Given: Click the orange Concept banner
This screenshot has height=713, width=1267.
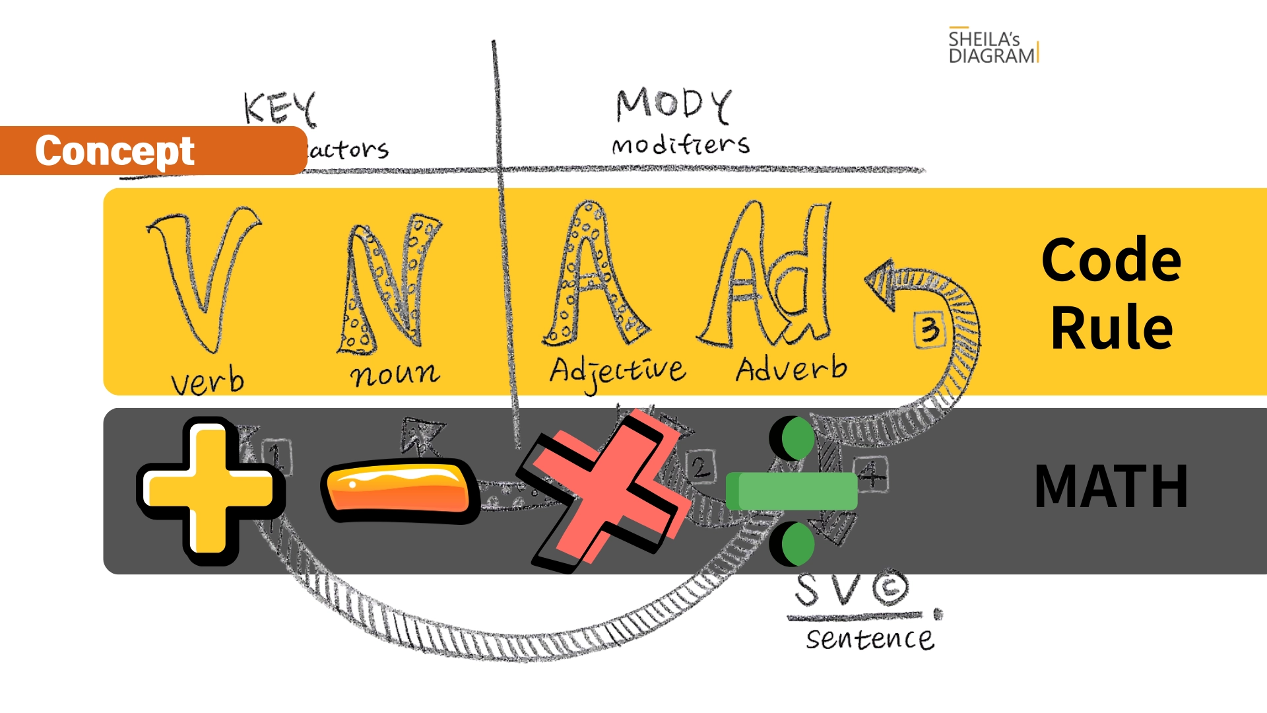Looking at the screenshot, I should click(152, 151).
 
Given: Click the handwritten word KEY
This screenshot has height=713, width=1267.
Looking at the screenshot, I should click(280, 109).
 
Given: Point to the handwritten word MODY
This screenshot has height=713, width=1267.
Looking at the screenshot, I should click(673, 106).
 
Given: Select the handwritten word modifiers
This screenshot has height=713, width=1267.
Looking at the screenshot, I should click(680, 145).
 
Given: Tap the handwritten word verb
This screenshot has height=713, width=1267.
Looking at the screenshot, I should click(207, 382).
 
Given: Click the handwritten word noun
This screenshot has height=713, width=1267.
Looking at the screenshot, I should click(395, 374).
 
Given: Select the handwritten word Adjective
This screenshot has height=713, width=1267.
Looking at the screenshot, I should click(618, 372).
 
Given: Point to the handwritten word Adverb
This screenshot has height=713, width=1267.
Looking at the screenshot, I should click(791, 369).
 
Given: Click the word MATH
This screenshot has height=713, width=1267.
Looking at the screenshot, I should click(1111, 487).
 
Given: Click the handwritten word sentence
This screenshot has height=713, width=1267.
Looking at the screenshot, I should click(870, 639).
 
